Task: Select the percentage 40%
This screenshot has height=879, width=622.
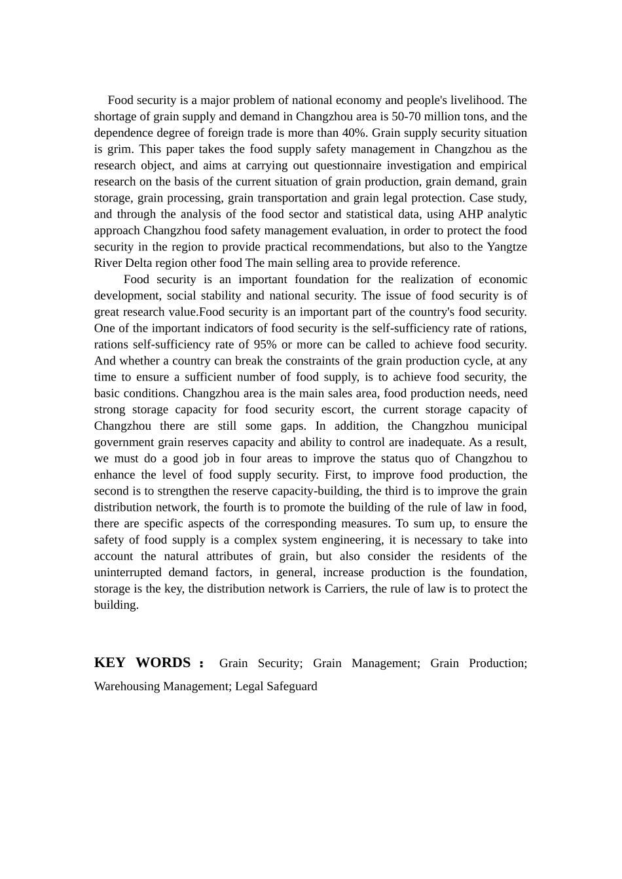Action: [353, 133]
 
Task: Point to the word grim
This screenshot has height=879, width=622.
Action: [119, 149]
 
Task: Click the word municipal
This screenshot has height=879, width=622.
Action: [502, 426]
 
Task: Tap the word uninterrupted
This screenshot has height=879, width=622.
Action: [127, 572]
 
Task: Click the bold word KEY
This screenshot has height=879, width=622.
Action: [109, 663]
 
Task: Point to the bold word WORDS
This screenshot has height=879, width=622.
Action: [163, 663]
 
